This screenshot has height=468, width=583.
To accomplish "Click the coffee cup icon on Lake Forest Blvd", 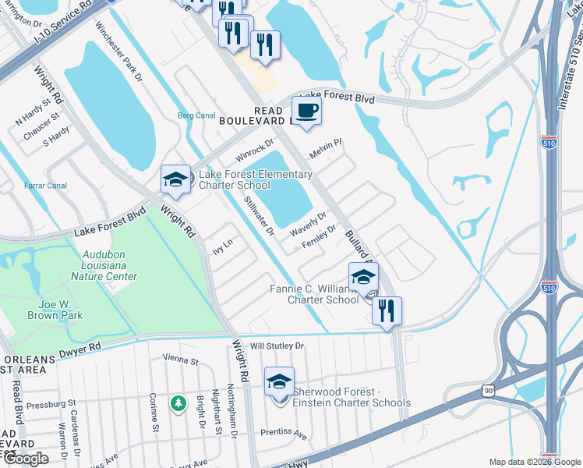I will point(306,111).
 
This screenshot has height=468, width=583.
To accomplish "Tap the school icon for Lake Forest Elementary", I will point(175,180).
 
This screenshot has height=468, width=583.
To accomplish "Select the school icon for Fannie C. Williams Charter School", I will point(362,277).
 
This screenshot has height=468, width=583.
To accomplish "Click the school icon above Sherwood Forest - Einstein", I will point(279,381).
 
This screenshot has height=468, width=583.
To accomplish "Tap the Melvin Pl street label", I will point(327,147).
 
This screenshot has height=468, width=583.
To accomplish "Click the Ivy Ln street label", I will point(222,247).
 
